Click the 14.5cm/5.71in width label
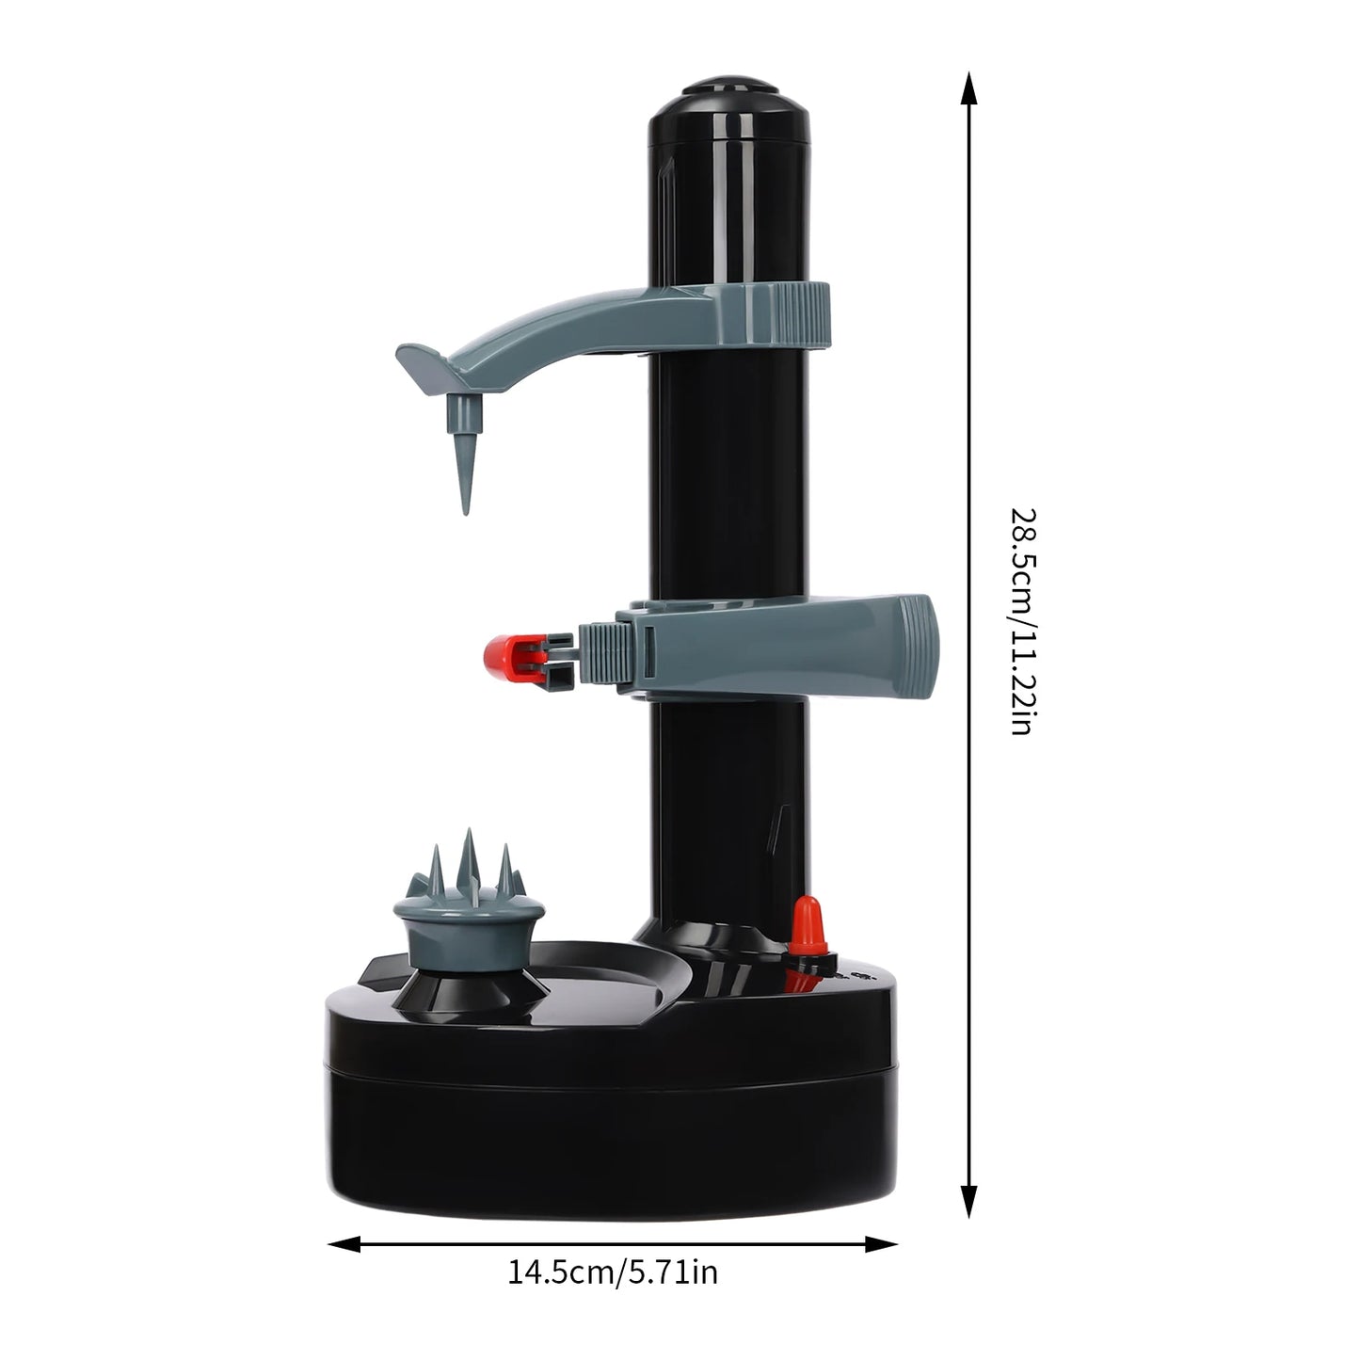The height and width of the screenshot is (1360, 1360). (x=613, y=1273)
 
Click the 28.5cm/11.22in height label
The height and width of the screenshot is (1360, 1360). (x=1023, y=621)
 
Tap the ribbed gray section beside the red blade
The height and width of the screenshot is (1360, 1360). (x=598, y=651)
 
